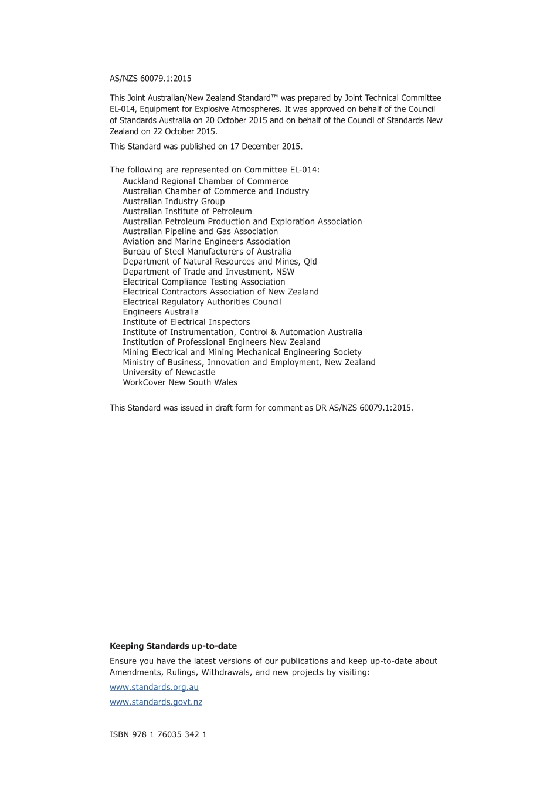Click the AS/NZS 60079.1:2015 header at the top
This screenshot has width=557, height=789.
[150, 79]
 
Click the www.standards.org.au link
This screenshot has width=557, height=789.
[154, 687]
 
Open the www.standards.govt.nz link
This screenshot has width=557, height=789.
[155, 702]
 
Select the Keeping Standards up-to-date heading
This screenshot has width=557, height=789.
[173, 646]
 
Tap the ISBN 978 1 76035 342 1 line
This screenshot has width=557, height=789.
[158, 734]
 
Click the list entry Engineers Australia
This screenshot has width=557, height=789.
[160, 312]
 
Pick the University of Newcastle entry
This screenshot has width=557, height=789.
[169, 373]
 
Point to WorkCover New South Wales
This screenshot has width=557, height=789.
[180, 382]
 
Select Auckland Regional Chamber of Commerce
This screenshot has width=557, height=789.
[205, 181]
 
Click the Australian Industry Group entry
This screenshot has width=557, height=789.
[174, 201]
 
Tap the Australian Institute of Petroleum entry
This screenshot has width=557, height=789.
[187, 211]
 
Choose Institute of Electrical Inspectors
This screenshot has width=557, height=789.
[186, 322]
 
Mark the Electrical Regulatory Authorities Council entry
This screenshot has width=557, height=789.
[202, 302]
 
